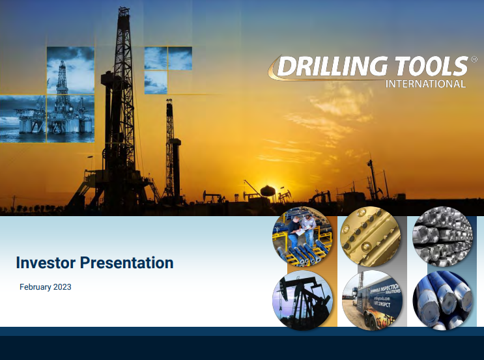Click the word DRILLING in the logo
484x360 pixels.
[328, 67]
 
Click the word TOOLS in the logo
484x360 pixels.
[426, 67]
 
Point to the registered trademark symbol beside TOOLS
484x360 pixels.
[474, 59]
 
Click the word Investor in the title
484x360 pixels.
[45, 263]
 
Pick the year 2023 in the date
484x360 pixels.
[63, 287]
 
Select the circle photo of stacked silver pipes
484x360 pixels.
[442, 237]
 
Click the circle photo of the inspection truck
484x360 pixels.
[373, 299]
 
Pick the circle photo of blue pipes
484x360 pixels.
[442, 300]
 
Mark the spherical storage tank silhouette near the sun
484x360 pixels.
[268, 190]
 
